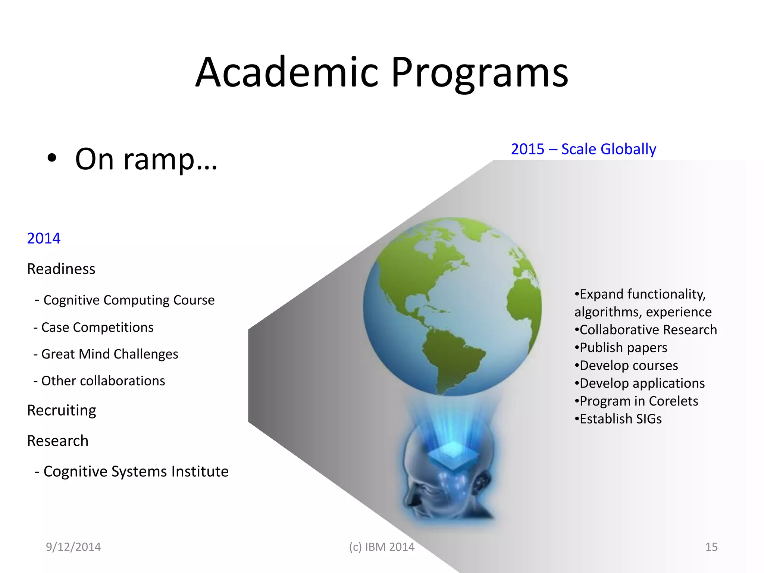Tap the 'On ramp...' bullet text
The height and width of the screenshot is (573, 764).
tap(146, 159)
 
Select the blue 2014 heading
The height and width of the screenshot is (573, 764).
tap(44, 238)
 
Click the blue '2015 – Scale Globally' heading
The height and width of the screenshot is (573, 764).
tap(583, 149)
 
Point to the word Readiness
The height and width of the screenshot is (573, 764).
tap(61, 269)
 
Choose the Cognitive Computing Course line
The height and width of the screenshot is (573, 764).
tap(125, 300)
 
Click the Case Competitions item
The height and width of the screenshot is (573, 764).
tap(94, 327)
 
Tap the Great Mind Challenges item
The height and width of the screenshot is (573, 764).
tap(106, 354)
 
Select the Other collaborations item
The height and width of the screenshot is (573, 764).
tap(99, 381)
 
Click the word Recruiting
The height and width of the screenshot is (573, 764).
tap(62, 410)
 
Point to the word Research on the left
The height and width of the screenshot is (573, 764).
tap(58, 441)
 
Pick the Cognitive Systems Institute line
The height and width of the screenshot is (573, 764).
tap(132, 472)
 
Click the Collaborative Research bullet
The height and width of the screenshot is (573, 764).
tap(645, 330)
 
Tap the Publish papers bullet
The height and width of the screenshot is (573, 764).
tap(621, 348)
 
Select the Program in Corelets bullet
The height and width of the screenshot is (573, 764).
tap(636, 401)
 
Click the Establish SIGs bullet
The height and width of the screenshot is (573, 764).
tap(618, 419)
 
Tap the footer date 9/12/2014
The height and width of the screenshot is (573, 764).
tap(73, 547)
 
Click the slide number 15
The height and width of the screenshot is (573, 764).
tap(711, 547)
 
